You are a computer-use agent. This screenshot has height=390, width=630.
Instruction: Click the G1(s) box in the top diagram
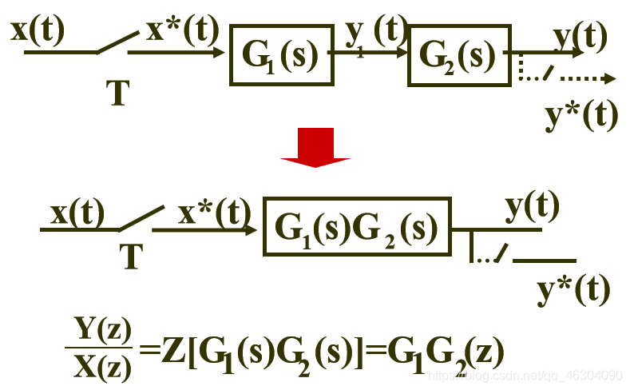280,54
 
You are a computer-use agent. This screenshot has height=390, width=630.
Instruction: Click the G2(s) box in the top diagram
458,54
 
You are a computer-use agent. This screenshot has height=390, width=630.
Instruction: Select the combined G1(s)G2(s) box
356,229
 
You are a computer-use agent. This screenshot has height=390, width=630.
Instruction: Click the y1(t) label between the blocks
376,34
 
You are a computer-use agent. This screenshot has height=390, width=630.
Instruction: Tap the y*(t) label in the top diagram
581,116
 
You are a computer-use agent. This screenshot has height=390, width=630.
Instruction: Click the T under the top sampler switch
117,94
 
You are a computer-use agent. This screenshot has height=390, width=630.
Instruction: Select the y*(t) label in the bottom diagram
573,287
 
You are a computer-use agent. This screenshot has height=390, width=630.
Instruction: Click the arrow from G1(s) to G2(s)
371,54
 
